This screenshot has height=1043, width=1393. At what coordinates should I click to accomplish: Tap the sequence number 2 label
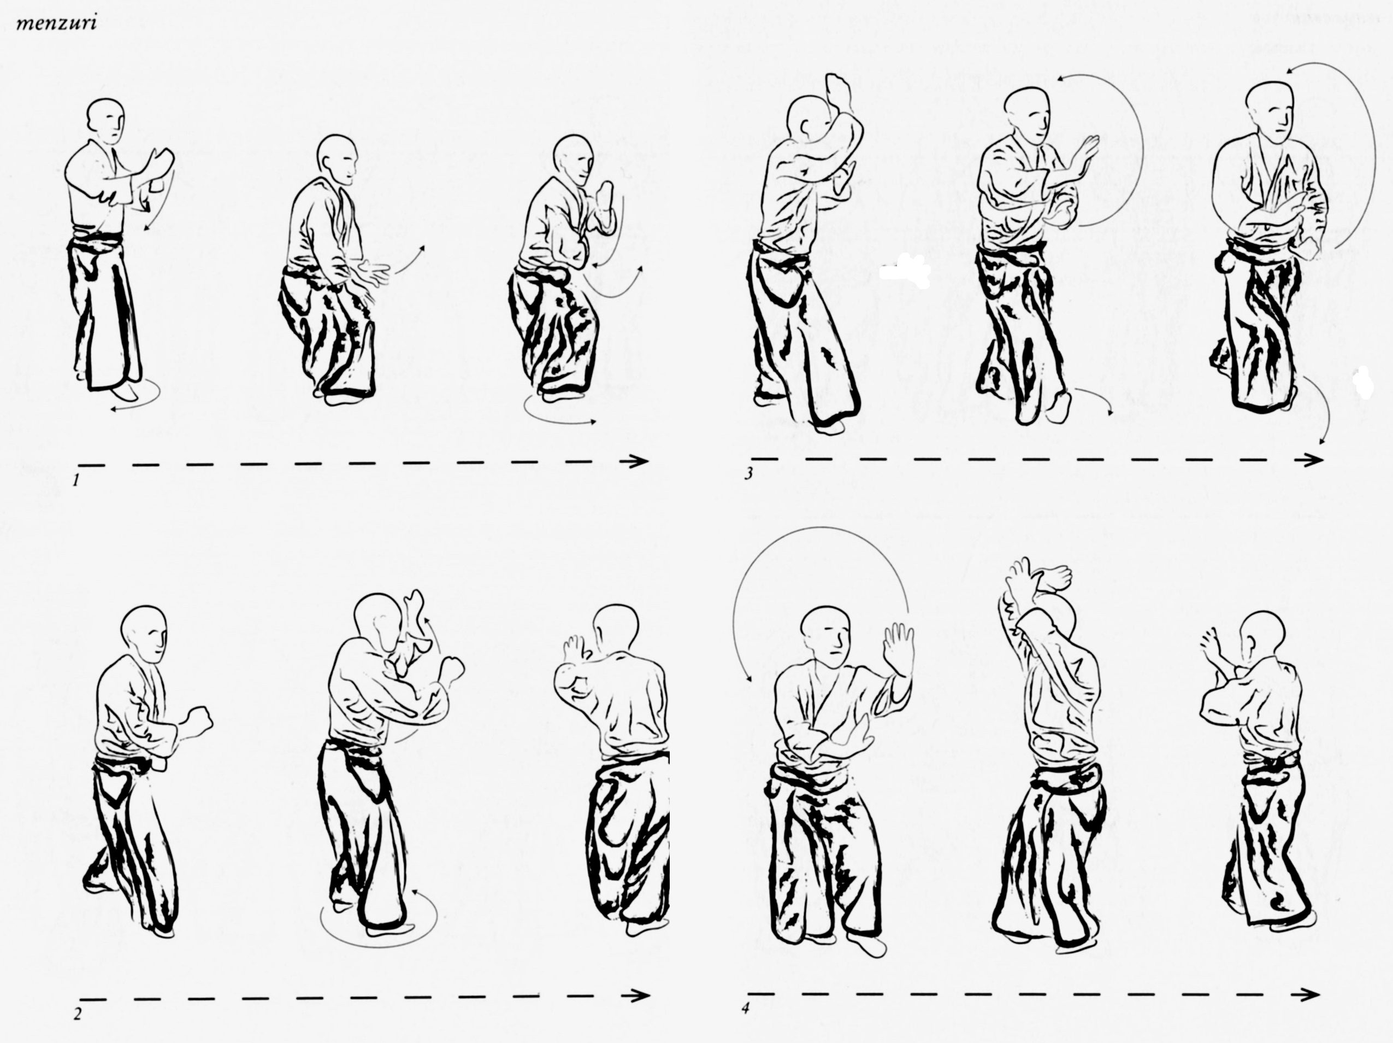coord(78,1015)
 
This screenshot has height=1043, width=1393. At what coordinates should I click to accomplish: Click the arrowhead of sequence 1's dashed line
coord(640,461)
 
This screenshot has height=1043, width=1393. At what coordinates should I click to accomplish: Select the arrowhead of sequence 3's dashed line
coord(1314,460)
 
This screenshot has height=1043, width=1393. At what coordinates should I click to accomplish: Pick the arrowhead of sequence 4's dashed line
coord(1311,994)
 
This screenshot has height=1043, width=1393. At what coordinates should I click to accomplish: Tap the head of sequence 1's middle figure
coord(337,160)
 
